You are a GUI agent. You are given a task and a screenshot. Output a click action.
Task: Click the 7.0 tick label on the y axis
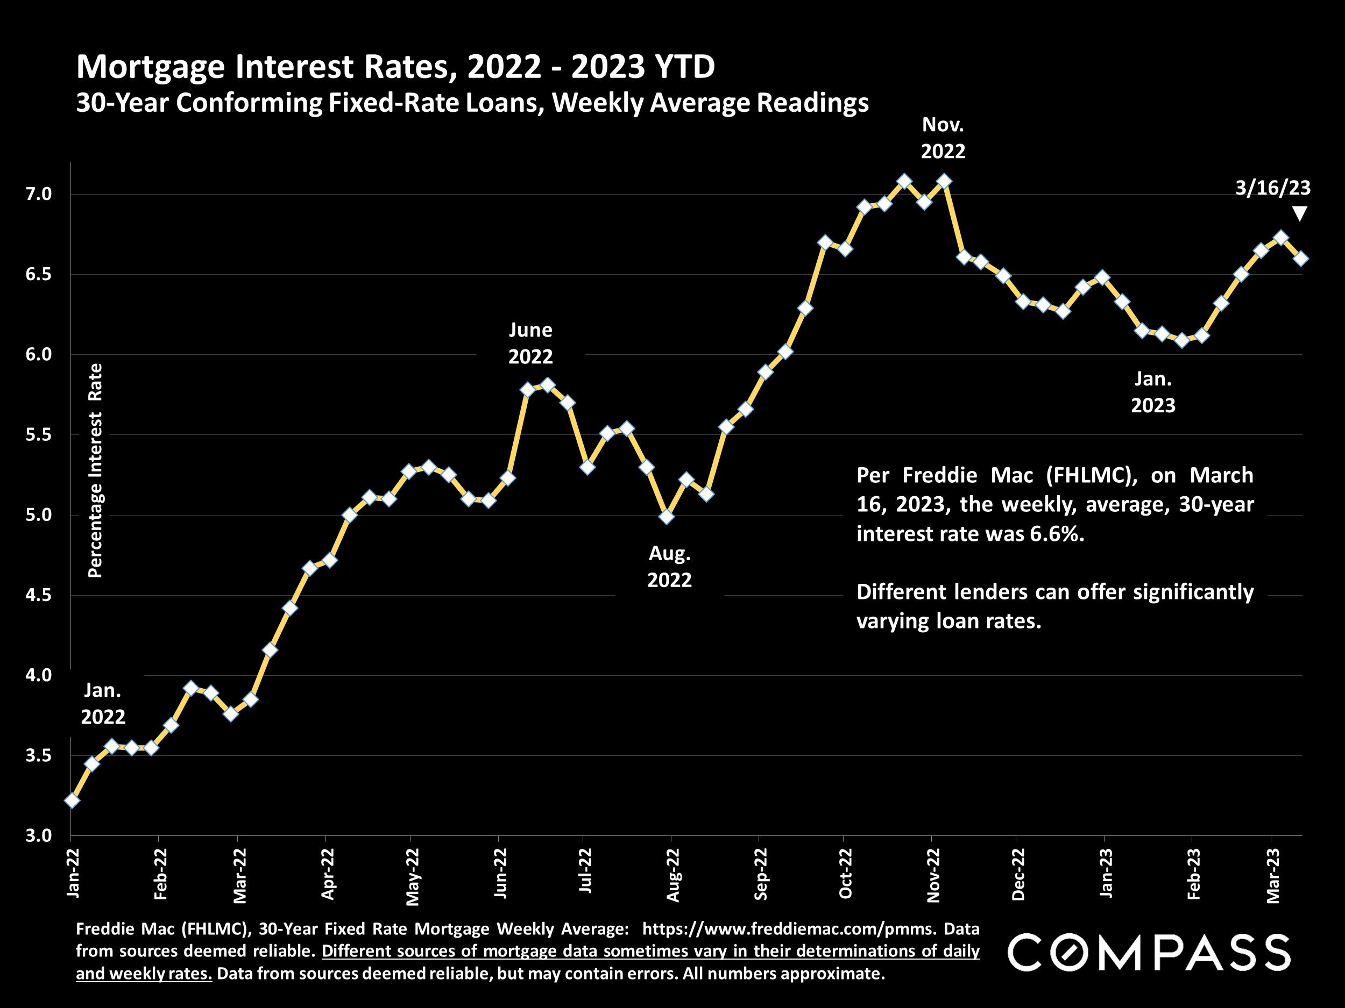pos(38,195)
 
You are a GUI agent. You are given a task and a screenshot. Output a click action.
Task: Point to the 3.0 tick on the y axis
pos(38,835)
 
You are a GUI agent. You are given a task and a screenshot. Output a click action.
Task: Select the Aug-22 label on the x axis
pos(672,875)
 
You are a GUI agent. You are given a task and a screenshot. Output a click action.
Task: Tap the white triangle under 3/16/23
pos(1299,213)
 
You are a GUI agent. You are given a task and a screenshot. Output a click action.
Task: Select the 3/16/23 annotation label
pos(1273,188)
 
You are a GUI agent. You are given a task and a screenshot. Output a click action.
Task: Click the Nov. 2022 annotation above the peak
pos(943,138)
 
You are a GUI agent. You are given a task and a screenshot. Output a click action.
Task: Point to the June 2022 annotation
pos(530,344)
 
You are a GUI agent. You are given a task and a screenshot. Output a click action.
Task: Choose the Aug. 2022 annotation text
pos(669,566)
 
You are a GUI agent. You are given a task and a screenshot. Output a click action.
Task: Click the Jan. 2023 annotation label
pos(1153,392)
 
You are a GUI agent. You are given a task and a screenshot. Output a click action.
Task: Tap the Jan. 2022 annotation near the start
pos(103,704)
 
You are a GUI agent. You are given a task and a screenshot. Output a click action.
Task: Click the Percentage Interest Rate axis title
pos(95,470)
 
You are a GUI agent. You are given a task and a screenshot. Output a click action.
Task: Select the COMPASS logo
pos(1149,953)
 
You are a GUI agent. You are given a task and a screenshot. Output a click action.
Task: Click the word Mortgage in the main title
pos(153,66)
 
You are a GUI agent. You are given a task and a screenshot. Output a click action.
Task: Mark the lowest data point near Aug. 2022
pos(667,517)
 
